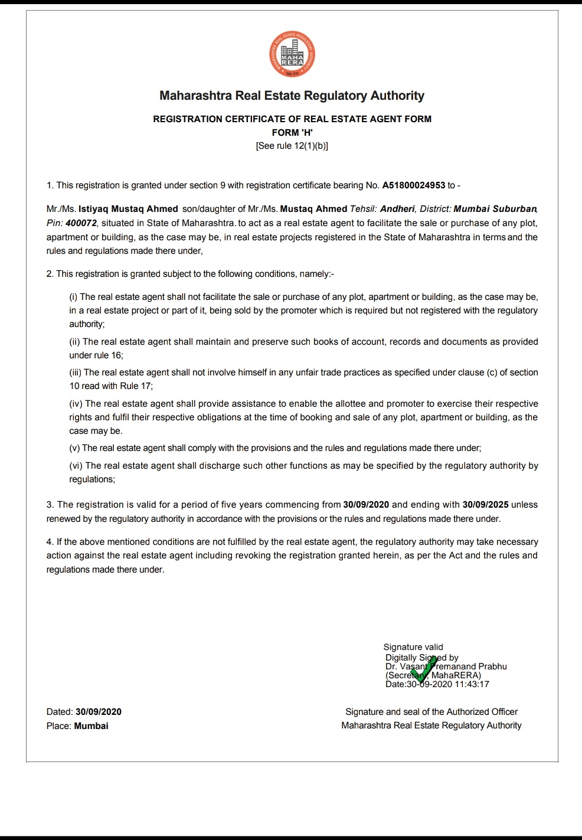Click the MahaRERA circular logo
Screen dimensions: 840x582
(292, 54)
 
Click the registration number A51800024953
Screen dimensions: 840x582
(413, 185)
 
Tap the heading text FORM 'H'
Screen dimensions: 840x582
(292, 132)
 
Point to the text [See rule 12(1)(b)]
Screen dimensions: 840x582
(292, 146)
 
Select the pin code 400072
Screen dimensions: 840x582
(81, 223)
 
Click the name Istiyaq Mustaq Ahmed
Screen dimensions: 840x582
(128, 209)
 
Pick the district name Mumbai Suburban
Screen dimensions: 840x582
(495, 209)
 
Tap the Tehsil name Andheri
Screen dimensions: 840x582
(397, 209)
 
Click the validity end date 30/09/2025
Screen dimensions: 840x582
(485, 505)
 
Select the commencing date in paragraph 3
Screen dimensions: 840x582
(366, 505)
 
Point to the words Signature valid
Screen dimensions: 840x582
(413, 647)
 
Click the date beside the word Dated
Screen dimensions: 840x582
(99, 712)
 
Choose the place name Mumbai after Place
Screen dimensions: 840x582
(91, 726)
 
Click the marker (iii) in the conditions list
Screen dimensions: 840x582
(76, 372)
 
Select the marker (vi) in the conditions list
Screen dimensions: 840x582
(76, 466)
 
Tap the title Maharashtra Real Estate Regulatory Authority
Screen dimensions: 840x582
(292, 96)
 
